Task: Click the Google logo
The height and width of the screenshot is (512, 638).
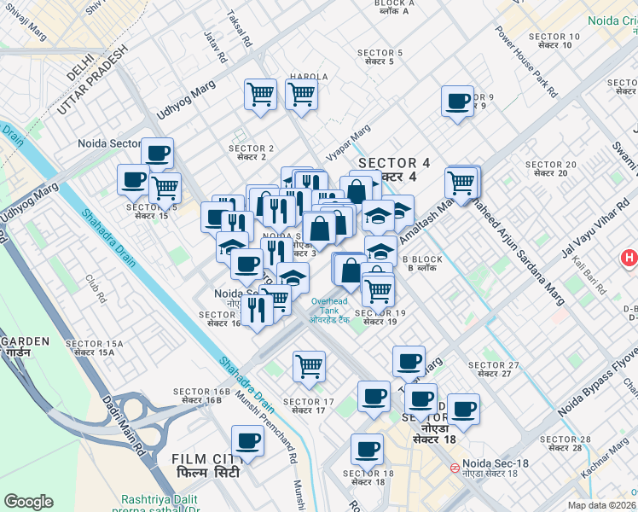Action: [x=28, y=502]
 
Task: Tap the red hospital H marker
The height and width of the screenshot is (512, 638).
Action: [x=629, y=257]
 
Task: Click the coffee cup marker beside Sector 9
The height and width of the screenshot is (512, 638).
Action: [x=457, y=102]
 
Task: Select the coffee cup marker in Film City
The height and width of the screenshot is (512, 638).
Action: [x=248, y=441]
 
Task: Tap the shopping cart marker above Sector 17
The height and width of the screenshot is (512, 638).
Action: [x=308, y=367]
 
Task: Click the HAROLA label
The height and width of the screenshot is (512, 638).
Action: [x=309, y=76]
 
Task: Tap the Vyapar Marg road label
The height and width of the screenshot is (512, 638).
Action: [x=348, y=144]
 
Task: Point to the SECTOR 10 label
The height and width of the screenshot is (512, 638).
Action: [x=554, y=40]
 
